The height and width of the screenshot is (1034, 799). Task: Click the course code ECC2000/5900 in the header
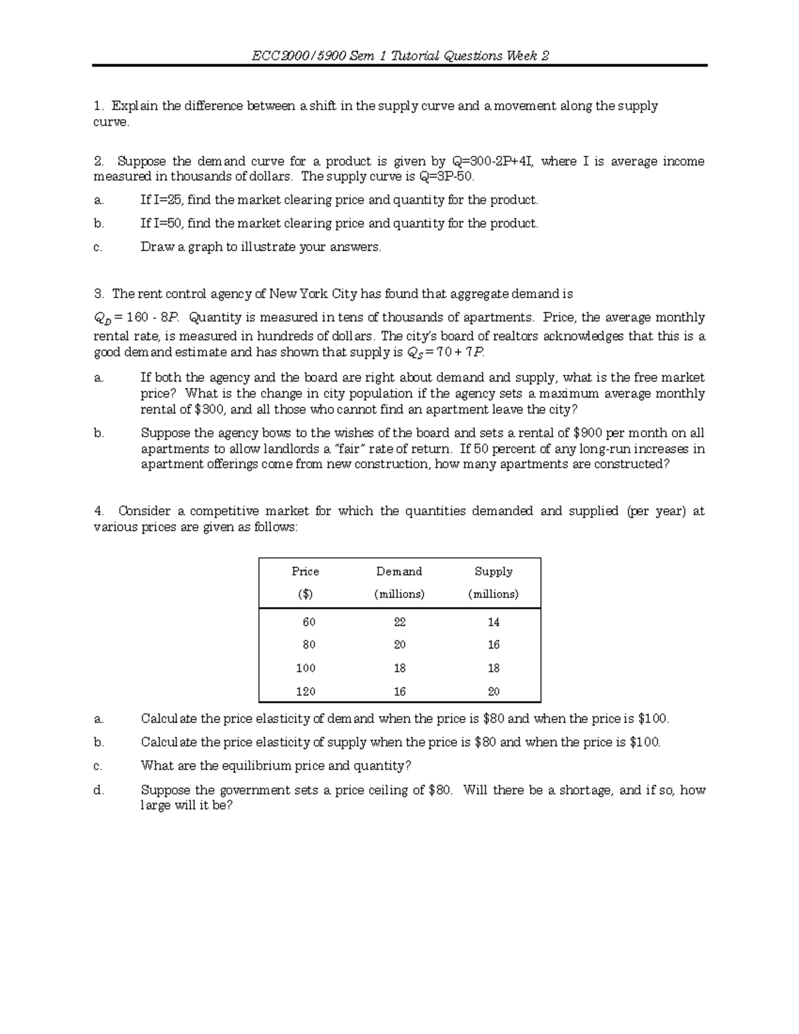point(298,56)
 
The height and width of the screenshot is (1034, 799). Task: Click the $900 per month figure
point(588,433)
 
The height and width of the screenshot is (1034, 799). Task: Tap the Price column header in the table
point(306,571)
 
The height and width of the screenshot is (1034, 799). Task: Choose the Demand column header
point(399,571)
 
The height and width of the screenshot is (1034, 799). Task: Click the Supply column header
point(493,571)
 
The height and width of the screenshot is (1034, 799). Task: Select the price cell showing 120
point(306,691)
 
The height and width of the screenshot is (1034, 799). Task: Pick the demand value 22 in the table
point(400,622)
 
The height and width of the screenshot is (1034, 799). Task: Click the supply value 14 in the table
point(493,622)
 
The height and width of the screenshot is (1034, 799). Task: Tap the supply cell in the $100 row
point(493,668)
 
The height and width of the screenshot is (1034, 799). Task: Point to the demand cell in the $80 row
point(400,645)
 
